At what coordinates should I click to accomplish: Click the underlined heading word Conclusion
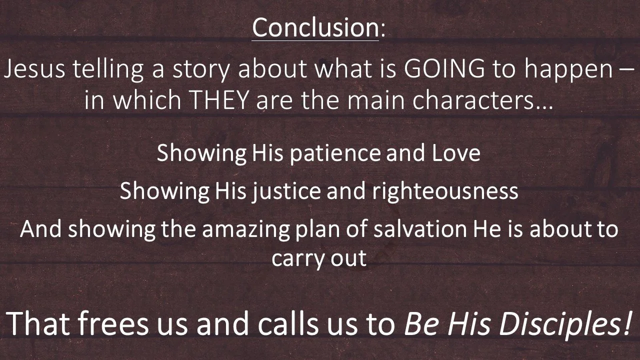click(x=315, y=27)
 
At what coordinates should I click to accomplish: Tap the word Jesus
click(x=34, y=70)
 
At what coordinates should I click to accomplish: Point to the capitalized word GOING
click(x=444, y=70)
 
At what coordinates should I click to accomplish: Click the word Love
click(x=455, y=152)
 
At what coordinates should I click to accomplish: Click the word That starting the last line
click(x=38, y=324)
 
